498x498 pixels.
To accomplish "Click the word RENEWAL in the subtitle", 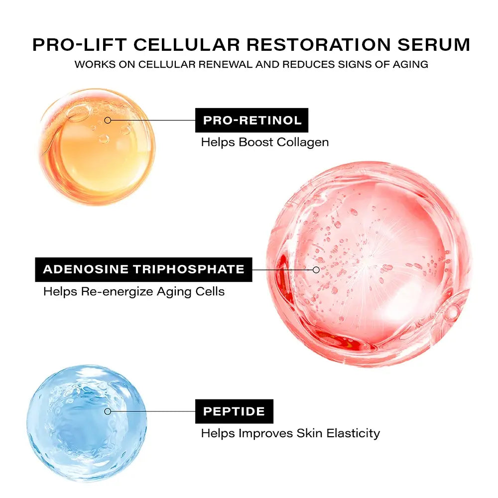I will (x=235, y=65).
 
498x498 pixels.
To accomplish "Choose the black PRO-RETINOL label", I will (x=251, y=120).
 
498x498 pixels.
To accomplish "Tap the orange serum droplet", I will (x=97, y=147).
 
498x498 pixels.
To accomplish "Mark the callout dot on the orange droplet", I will (x=108, y=120).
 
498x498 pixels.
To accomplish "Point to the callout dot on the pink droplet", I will (x=316, y=269).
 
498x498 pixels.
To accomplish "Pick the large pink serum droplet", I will (x=369, y=264).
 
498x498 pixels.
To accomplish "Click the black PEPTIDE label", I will (x=234, y=411).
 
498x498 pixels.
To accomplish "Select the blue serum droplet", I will (x=87, y=423).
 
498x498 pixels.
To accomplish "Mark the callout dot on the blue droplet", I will (x=108, y=411).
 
